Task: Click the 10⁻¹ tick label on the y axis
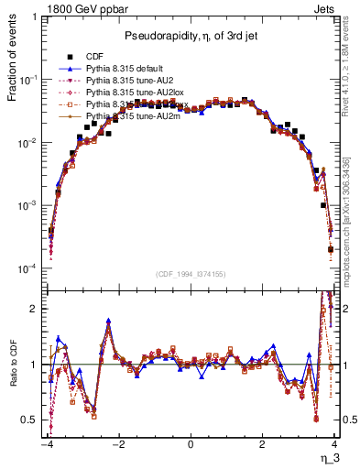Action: (32, 80)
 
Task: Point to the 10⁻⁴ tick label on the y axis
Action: (32, 269)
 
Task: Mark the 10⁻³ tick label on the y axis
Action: (32, 206)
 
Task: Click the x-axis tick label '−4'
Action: (45, 445)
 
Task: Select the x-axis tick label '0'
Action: (190, 445)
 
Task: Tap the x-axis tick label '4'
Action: (334, 445)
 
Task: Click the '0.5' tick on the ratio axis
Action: (30, 420)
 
